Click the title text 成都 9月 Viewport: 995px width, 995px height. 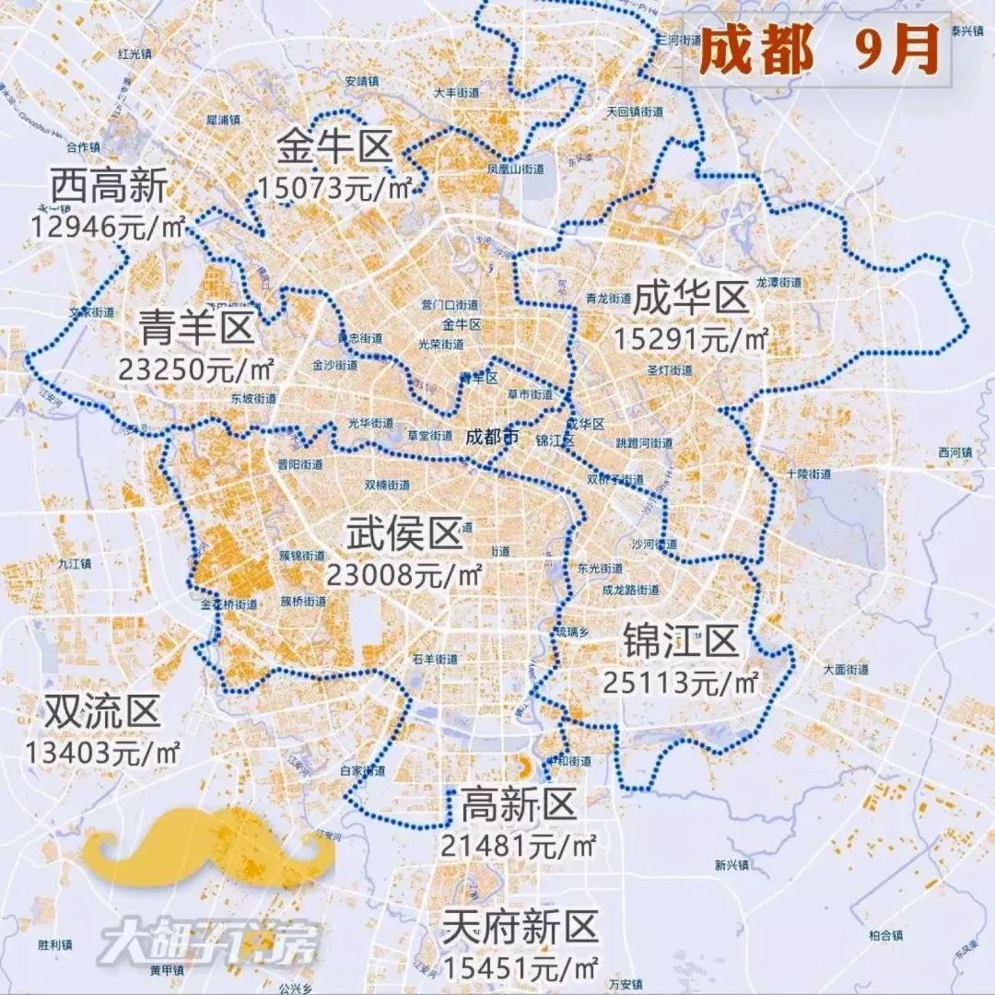click(818, 50)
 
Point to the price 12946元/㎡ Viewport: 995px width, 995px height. click(109, 226)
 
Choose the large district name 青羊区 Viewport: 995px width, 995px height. click(197, 327)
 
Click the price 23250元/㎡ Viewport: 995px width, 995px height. click(197, 369)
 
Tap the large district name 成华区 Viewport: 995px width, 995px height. click(690, 298)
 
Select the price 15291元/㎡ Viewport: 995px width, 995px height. click(690, 339)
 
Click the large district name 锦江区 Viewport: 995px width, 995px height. click(681, 640)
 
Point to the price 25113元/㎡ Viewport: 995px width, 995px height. click(681, 683)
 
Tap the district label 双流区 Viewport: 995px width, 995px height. click(102, 711)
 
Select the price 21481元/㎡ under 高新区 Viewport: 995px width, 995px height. click(519, 845)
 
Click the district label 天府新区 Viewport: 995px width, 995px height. click(521, 927)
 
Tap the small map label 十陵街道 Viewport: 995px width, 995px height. click(809, 474)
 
